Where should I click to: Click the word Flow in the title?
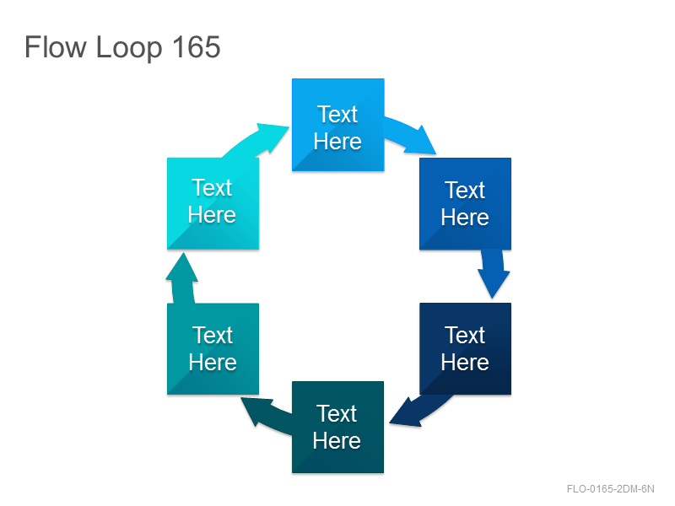[x=55, y=47]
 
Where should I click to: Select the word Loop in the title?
[x=129, y=49]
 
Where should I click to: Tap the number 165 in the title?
[x=196, y=47]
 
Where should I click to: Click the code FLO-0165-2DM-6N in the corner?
[x=610, y=489]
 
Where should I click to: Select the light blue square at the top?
[x=338, y=125]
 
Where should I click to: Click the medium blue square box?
[x=466, y=203]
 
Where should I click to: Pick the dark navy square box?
[x=466, y=348]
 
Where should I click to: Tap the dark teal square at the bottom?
[x=338, y=428]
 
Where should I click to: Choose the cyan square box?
[x=213, y=203]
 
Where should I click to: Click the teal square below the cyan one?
[x=213, y=349]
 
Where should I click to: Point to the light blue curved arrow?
[x=411, y=135]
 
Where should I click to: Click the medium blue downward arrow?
[x=494, y=273]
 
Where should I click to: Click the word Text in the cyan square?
[x=212, y=187]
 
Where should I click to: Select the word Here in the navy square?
[x=465, y=362]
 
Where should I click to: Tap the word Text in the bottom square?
[x=337, y=413]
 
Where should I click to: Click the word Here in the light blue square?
[x=337, y=141]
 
